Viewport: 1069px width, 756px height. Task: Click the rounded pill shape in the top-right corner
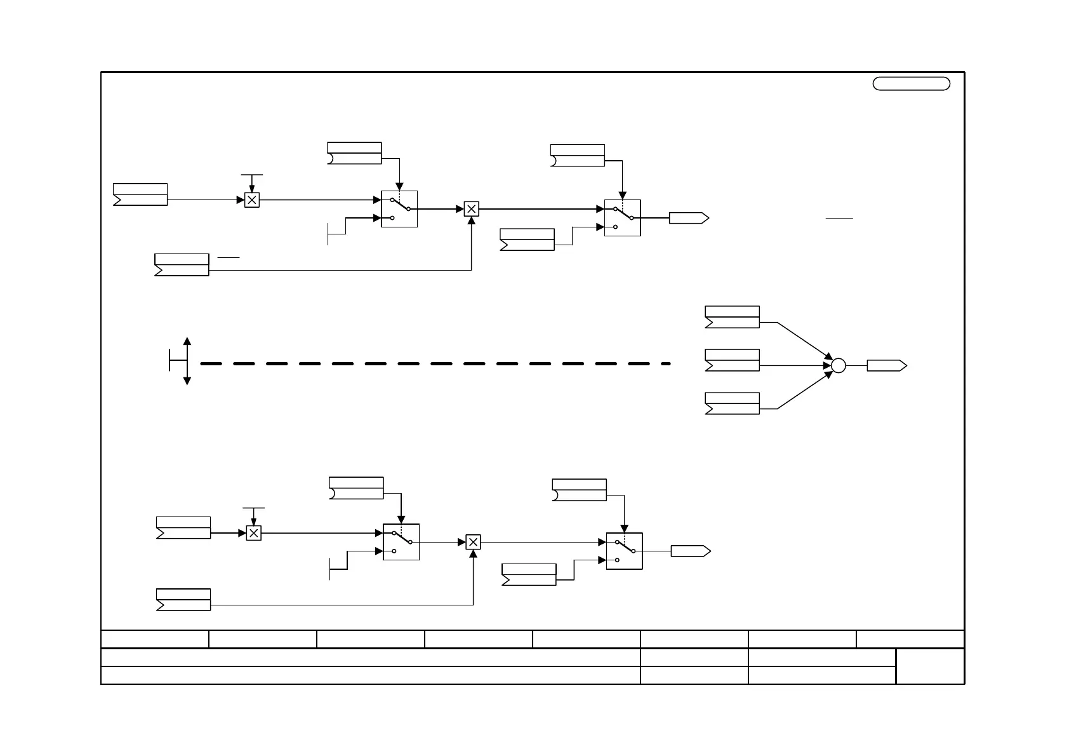tap(911, 84)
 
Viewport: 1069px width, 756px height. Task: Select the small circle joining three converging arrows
tap(839, 366)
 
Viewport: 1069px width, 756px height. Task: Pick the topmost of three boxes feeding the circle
tap(732, 317)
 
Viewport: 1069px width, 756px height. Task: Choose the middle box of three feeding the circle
tap(732, 360)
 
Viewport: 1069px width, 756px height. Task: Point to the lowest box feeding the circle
tap(732, 403)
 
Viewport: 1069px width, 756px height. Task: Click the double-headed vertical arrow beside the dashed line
tap(187, 361)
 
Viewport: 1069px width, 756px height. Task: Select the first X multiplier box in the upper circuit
tap(252, 200)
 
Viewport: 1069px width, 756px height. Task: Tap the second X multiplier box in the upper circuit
tap(471, 209)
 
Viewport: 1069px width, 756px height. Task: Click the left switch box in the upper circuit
tap(399, 209)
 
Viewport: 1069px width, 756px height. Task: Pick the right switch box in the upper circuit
tap(622, 218)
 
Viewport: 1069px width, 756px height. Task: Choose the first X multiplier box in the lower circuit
tap(253, 534)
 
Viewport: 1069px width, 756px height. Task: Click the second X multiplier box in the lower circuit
tap(473, 543)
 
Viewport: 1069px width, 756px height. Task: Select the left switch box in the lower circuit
tap(401, 542)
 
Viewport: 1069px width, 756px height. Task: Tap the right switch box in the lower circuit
tap(624, 551)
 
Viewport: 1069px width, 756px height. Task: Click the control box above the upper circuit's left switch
tap(354, 153)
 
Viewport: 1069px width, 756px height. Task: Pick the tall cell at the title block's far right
tap(930, 666)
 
